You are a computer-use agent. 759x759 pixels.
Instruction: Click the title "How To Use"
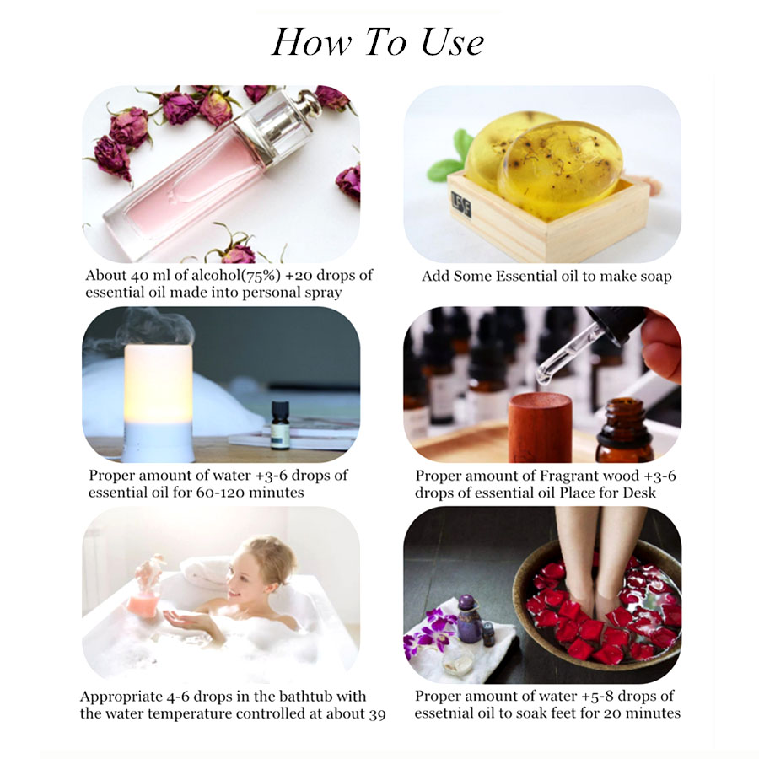(378, 42)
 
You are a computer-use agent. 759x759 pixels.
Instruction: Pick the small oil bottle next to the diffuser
(280, 427)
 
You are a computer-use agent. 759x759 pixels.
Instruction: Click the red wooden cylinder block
(540, 426)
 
